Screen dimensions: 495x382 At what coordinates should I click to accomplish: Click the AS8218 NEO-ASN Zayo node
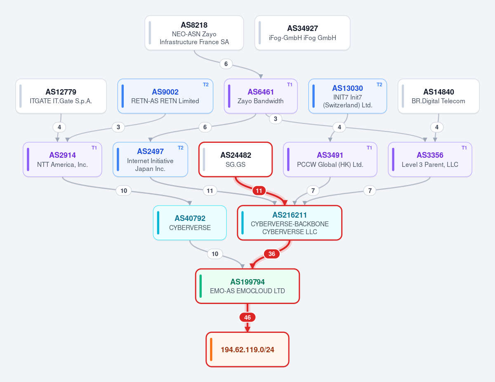point(194,33)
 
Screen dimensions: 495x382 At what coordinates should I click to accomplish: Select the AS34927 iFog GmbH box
point(302,33)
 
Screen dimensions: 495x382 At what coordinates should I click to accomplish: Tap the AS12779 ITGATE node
point(61,96)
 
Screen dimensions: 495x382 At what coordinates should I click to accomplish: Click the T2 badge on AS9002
point(206,85)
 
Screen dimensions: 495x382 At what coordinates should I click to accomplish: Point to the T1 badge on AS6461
point(290,85)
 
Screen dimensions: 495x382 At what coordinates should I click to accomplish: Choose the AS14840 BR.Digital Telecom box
point(438,96)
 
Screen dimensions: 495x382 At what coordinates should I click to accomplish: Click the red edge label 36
point(271,254)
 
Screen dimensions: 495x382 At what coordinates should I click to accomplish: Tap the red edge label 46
point(247,317)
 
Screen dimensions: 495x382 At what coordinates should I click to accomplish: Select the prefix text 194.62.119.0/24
point(247,350)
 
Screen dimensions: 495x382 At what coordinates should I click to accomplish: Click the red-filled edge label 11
point(259,191)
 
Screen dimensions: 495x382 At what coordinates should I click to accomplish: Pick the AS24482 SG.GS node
point(236,159)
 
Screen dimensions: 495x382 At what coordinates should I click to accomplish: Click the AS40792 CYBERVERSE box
point(190,223)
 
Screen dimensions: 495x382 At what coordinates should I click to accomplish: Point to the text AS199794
point(247,282)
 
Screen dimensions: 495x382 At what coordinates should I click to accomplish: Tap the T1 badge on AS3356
point(464,148)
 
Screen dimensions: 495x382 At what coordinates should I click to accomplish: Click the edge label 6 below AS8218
point(226,64)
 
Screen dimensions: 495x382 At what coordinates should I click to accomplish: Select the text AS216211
point(290,215)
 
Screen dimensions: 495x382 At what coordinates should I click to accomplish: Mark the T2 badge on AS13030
point(379,85)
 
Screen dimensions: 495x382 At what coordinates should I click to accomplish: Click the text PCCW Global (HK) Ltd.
point(330,164)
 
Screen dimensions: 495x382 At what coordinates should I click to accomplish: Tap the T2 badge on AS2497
point(180,148)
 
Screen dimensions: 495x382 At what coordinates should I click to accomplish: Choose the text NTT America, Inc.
point(62,164)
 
